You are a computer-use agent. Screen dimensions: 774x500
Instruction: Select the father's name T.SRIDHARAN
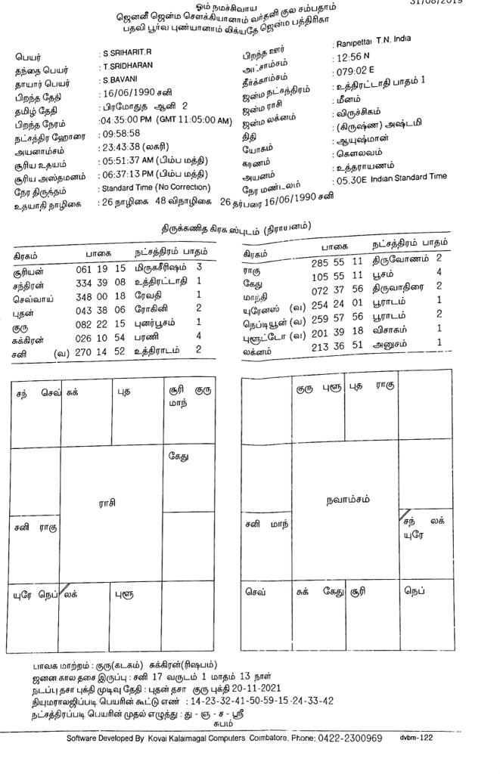pyautogui.click(x=127, y=67)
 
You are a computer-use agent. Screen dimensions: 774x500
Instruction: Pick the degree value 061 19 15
pyautogui.click(x=101, y=268)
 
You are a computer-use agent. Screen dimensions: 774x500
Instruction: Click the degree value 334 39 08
pyautogui.click(x=101, y=281)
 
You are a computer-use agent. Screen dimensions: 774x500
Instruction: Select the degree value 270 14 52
pyautogui.click(x=101, y=350)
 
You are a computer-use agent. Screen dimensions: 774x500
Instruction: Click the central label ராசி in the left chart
pyautogui.click(x=108, y=502)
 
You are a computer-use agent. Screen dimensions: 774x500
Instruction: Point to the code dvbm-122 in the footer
pyautogui.click(x=417, y=738)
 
